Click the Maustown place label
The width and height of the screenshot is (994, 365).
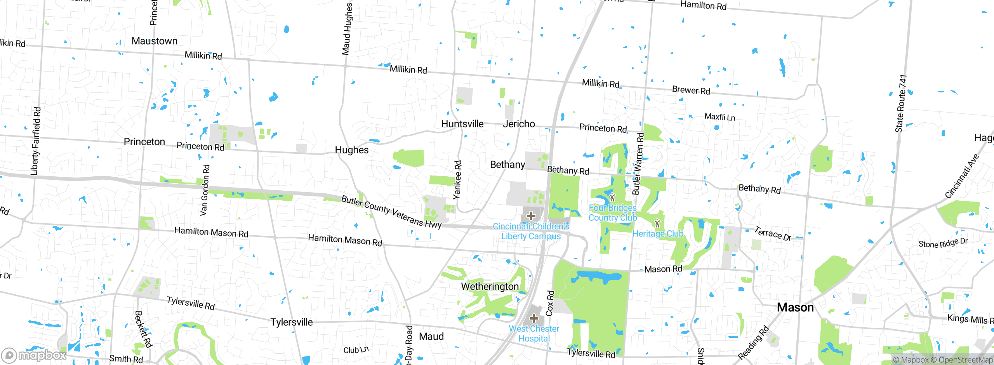click(154, 41)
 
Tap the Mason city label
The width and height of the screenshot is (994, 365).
click(795, 308)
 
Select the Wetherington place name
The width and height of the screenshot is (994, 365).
click(490, 287)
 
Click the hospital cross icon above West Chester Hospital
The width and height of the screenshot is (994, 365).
click(533, 319)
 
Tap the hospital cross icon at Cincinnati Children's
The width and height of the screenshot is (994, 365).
click(531, 216)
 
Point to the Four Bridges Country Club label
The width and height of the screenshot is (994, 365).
click(612, 213)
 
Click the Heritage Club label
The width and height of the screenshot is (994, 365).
click(657, 234)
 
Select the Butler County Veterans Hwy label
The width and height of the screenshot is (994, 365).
click(391, 212)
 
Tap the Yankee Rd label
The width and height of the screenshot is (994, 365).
click(458, 179)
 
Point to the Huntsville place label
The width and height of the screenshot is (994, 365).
click(462, 124)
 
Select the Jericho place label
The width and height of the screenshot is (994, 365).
click(519, 124)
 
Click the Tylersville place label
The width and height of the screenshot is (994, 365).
click(291, 322)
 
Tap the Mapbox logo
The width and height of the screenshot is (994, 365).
click(34, 355)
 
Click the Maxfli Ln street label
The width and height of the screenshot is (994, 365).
click(719, 117)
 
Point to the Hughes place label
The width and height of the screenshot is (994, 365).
click(351, 150)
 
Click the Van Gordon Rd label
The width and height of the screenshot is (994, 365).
click(205, 190)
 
